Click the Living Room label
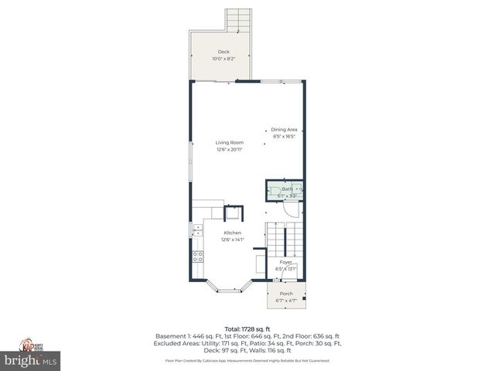[230, 142]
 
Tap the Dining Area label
[284, 129]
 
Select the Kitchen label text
[232, 233]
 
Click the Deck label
[223, 52]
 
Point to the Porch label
[286, 293]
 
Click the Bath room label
[286, 189]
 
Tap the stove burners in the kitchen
[198, 257]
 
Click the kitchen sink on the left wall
[196, 230]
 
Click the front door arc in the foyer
[289, 274]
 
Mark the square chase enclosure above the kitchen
[234, 213]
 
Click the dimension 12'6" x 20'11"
[230, 149]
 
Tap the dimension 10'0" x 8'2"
[223, 59]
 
